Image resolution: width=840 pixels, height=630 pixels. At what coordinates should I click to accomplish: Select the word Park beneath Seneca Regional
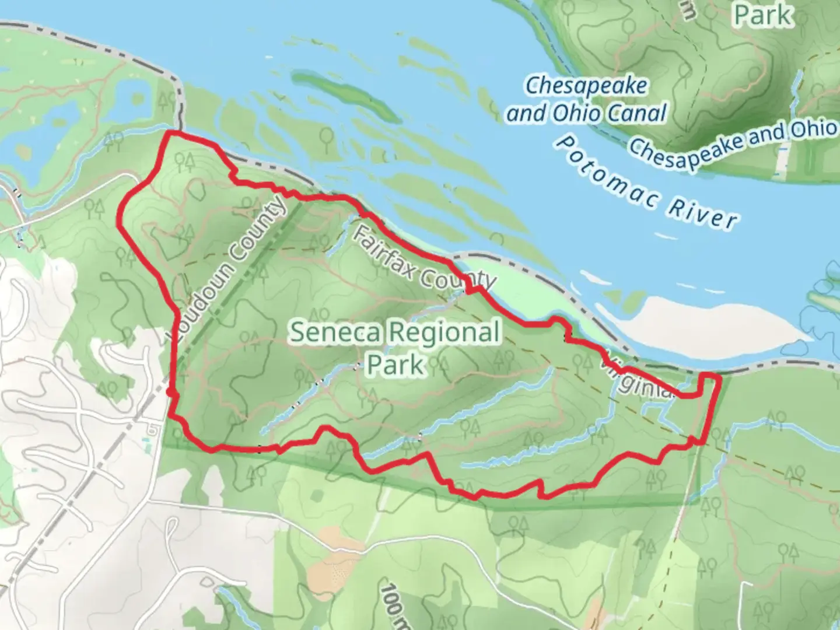pos(395,365)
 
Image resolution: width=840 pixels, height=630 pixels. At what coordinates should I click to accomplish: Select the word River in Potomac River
pos(702,212)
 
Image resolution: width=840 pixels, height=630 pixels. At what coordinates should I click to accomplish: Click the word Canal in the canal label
pos(636,113)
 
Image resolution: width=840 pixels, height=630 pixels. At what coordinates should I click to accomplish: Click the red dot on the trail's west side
pos(170,393)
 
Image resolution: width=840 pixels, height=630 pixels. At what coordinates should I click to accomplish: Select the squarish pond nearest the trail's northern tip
pos(134,94)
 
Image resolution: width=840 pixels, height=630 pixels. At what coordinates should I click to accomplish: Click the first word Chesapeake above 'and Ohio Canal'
pos(586,86)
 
